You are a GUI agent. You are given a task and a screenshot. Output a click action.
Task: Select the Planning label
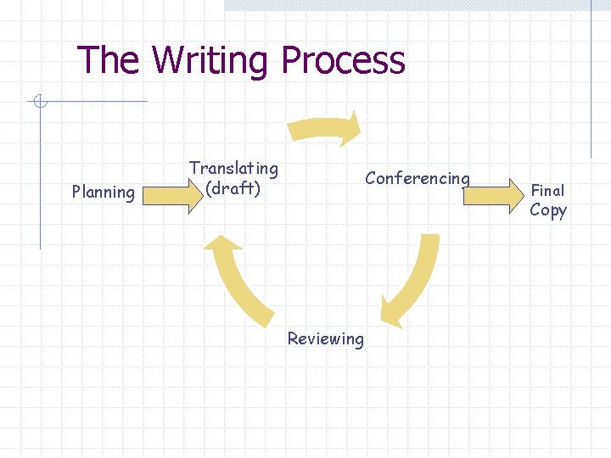(104, 193)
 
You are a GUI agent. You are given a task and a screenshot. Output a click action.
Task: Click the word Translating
(233, 169)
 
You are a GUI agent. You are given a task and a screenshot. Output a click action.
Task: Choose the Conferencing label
(417, 178)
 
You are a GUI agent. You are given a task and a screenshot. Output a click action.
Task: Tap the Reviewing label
(325, 339)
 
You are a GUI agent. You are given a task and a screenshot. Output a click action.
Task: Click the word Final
(547, 191)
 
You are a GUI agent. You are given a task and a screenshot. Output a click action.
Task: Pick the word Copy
(547, 210)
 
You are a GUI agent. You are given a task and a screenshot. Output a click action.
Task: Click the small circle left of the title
(37, 103)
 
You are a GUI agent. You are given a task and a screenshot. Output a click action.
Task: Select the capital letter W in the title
(167, 61)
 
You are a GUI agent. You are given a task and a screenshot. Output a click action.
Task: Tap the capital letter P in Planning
(76, 193)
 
